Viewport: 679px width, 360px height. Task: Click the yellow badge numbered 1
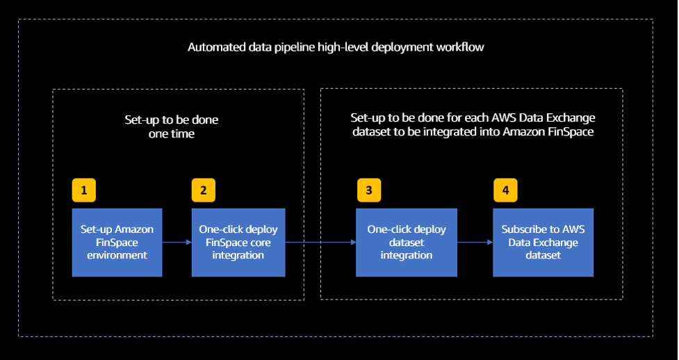(83, 190)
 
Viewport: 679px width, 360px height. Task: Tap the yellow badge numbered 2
(204, 190)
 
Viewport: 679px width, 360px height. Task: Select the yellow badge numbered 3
(369, 190)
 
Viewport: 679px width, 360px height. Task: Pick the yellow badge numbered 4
(505, 190)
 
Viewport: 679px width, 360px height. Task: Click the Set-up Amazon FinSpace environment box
(117, 242)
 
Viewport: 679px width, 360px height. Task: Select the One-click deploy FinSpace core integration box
(238, 242)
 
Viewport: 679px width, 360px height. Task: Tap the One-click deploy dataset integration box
(406, 242)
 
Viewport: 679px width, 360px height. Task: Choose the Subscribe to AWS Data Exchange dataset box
(543, 242)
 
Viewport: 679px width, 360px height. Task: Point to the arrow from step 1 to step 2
(177, 242)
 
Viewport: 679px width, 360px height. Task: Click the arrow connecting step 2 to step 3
(320, 242)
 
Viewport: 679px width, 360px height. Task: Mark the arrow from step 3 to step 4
(475, 242)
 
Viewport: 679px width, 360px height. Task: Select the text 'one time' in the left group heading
(171, 133)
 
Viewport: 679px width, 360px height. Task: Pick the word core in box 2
(257, 243)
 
